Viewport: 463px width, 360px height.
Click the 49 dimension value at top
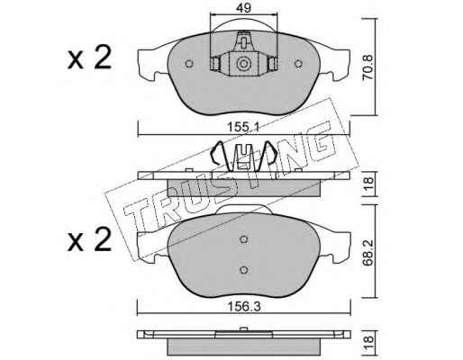tap(243, 8)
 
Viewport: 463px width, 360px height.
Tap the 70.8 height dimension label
tap(368, 67)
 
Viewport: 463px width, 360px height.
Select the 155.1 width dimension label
tap(242, 128)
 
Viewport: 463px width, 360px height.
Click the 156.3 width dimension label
tap(244, 307)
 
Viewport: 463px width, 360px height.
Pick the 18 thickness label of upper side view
tap(368, 184)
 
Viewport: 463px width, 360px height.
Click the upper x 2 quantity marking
tap(89, 58)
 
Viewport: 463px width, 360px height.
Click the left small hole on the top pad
tap(189, 64)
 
